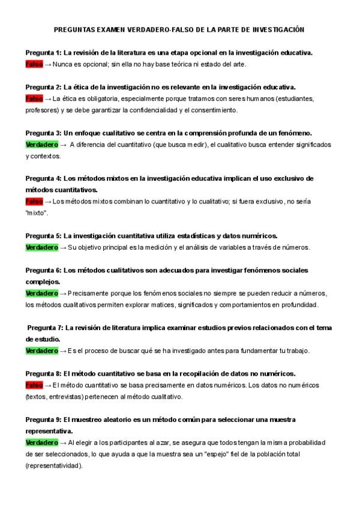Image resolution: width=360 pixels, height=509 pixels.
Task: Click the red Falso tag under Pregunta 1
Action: (x=34, y=64)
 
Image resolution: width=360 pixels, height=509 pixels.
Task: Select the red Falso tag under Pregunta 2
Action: (x=34, y=98)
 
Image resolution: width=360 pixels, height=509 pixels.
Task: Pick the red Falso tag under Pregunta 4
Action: (x=34, y=202)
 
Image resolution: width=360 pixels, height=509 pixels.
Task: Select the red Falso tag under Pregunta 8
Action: (x=34, y=385)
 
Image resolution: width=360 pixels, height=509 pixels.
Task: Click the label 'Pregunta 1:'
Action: (x=43, y=53)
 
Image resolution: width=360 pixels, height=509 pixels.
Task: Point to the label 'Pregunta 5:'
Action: (x=43, y=236)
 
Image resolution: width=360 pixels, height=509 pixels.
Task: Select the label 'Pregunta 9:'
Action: (x=43, y=419)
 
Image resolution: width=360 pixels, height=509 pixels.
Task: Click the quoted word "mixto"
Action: (x=37, y=213)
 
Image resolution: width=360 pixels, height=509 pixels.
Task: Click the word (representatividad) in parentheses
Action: (x=54, y=465)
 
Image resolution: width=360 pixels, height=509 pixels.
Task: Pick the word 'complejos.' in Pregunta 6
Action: (x=43, y=282)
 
